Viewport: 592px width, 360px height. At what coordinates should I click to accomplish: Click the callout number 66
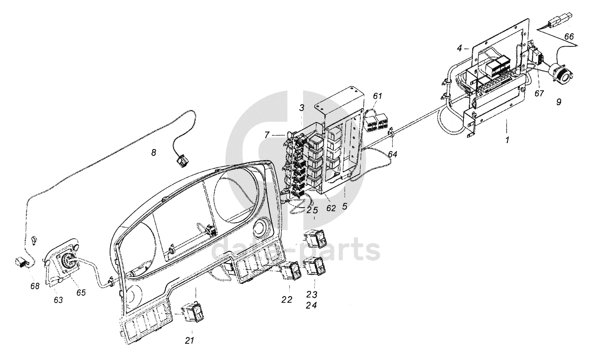tap(569, 36)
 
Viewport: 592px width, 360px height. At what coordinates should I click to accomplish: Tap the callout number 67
tap(539, 93)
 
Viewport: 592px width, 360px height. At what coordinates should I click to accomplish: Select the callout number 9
tap(558, 102)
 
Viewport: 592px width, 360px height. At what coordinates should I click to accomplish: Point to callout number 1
tap(507, 140)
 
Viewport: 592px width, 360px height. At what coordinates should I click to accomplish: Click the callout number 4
tap(459, 48)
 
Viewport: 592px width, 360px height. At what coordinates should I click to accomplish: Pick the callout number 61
tap(377, 96)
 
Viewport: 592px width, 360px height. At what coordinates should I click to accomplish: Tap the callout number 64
tap(392, 154)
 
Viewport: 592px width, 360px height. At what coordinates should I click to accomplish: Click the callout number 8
tap(154, 153)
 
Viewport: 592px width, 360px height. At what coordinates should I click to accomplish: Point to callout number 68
tap(35, 287)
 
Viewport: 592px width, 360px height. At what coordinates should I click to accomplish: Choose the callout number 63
tap(58, 299)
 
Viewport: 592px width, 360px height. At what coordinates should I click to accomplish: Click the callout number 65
tap(81, 292)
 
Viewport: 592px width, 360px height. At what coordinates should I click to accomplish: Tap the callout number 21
tap(189, 340)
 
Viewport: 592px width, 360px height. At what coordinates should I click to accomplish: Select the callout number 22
tap(287, 299)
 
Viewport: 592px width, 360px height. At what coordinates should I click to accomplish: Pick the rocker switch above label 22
tap(290, 271)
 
